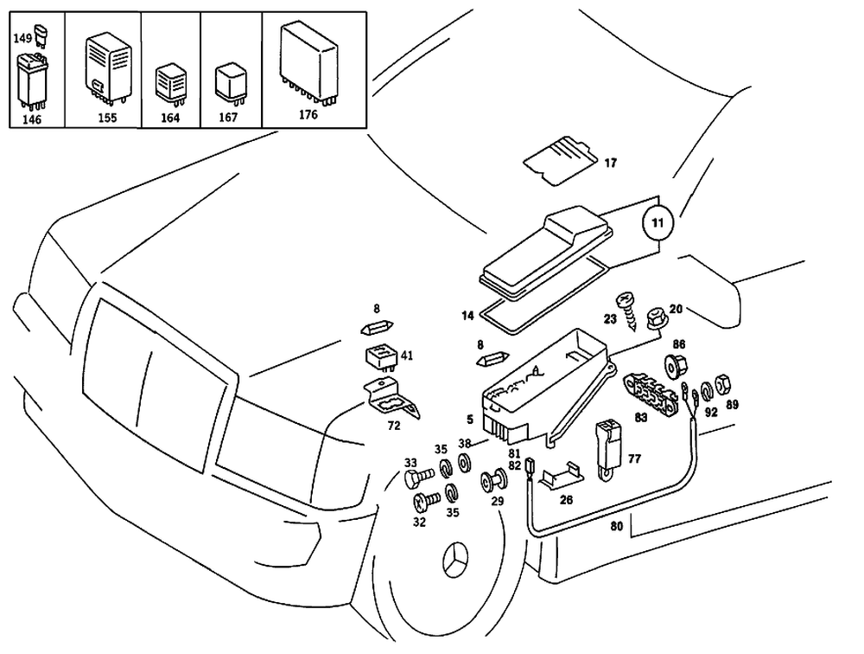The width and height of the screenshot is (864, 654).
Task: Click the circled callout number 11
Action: click(658, 222)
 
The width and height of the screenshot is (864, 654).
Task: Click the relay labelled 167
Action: click(227, 80)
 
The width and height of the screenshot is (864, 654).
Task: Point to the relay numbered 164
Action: click(168, 84)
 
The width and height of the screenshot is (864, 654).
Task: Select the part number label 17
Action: click(610, 163)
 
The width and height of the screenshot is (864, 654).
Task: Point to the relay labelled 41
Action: click(379, 356)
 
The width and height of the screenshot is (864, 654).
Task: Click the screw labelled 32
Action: click(424, 499)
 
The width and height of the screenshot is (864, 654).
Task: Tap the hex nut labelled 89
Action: click(725, 381)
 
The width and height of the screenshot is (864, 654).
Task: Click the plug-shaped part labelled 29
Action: click(497, 478)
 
